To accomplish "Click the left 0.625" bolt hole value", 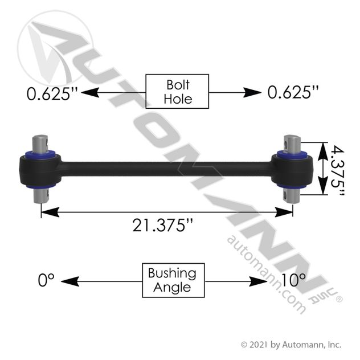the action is [52, 93].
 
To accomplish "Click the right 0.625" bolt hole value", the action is [293, 92].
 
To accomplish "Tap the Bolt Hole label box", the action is [177, 91].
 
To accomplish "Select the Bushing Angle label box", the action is [173, 280].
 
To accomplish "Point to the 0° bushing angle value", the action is [46, 280].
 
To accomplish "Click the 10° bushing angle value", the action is [293, 280].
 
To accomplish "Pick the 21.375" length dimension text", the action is [162, 225].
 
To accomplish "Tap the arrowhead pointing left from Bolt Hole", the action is [90, 92].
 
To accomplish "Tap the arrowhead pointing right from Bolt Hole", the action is [252, 92].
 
